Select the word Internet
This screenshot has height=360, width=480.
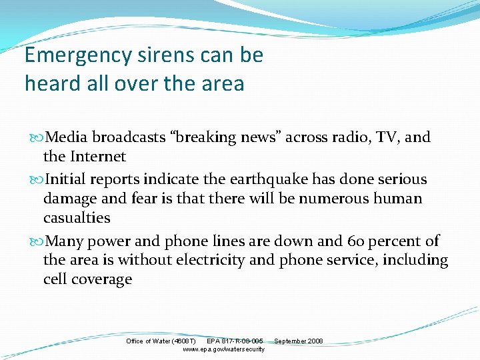(97, 157)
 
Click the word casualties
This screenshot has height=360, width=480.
(77, 218)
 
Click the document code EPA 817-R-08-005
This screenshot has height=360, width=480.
(235, 341)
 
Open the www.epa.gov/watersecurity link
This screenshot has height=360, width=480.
(223, 349)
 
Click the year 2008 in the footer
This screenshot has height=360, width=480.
(315, 341)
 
